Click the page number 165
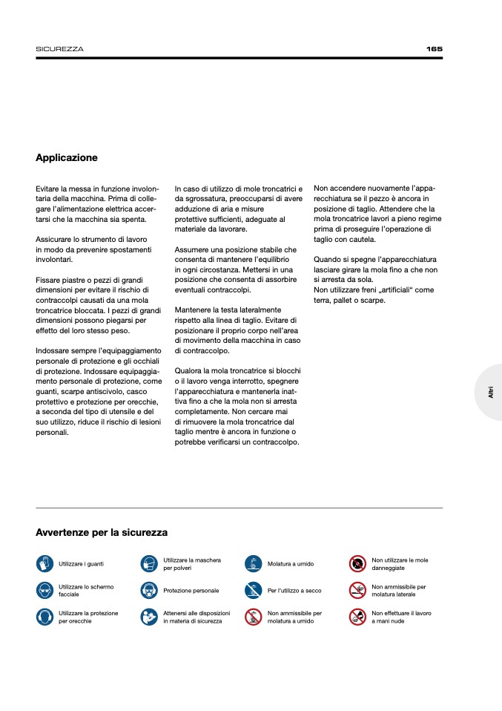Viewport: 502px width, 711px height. coord(434,49)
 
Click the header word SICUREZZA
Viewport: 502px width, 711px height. coord(59,49)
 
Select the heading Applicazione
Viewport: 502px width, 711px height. coord(67,158)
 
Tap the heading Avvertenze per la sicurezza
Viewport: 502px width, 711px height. coord(102,533)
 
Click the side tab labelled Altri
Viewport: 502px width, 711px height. coord(491,393)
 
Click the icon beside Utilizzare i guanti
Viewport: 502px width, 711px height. coord(44,564)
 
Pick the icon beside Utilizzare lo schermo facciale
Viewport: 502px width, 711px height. coord(44,590)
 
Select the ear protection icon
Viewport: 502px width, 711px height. coord(44,617)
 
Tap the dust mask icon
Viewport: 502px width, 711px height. coord(149,564)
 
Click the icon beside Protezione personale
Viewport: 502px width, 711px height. coord(149,590)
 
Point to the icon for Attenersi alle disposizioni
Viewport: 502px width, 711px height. coord(149,617)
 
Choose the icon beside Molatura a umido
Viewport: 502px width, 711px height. coord(254,564)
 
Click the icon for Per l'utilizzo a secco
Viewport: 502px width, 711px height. coord(254,590)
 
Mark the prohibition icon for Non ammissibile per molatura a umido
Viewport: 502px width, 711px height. coord(254,617)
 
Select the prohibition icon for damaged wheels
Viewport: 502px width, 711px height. coord(358,564)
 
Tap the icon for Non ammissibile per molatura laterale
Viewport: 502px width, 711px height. coord(358,590)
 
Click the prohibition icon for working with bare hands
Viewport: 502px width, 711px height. coord(358,617)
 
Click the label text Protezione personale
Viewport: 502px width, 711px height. coord(191,591)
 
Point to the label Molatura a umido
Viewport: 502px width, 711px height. coord(290,564)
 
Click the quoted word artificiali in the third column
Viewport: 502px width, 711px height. coord(394,289)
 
